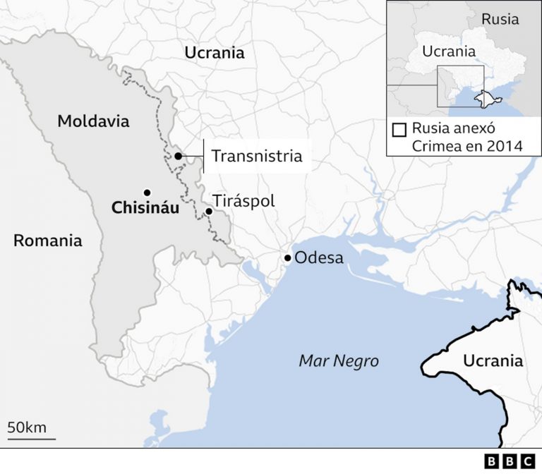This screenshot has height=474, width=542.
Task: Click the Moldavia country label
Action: pos(93,121)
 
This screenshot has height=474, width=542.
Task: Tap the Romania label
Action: pos(47,241)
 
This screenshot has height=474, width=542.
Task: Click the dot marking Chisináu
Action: pos(147,192)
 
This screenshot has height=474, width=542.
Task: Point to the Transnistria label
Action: pos(257,156)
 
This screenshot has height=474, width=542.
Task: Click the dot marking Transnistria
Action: pos(179,156)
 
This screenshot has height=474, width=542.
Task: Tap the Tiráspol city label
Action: pos(243,201)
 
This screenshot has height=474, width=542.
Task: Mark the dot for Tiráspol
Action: pos(209,211)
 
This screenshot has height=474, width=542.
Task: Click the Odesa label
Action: pos(319,257)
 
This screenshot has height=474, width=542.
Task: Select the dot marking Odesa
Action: pos(287,258)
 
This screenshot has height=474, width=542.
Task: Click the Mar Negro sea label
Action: pos(339,361)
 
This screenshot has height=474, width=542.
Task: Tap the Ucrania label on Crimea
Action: pos(493,361)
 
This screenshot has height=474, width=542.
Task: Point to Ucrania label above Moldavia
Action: pos(214,52)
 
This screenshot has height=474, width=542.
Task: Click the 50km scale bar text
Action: pos(27,427)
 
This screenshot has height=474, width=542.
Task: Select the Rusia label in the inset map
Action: pos(500,19)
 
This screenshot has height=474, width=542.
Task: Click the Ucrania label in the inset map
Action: pos(448,51)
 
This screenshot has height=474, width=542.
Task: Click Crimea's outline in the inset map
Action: pos(483,97)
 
